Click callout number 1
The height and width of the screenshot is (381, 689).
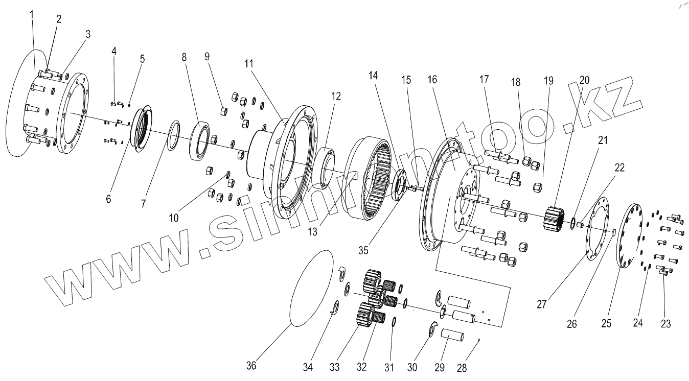click(31, 14)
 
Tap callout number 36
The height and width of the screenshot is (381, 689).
click(251, 366)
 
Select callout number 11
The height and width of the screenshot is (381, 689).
click(249, 64)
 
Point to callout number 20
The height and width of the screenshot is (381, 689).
click(584, 80)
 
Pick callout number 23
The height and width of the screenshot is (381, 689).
click(665, 323)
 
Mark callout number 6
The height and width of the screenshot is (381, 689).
click(108, 199)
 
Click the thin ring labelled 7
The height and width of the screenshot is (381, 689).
click(174, 137)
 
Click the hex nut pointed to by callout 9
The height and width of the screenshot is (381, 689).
click(223, 111)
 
